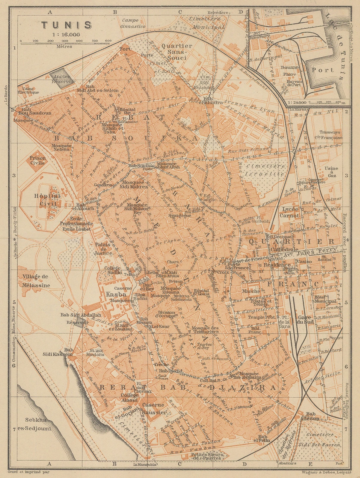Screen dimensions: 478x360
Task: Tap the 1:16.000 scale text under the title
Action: tap(66, 34)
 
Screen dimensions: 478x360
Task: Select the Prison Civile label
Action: tap(37, 160)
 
